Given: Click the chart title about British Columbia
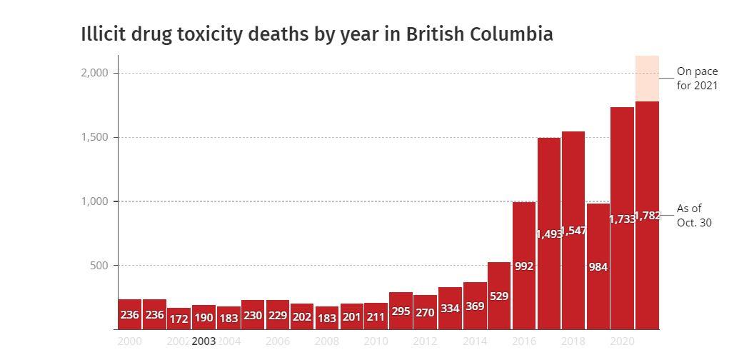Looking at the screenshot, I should [x=316, y=34].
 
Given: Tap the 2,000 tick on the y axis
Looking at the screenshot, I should [x=94, y=73].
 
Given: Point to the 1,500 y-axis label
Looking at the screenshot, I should [x=94, y=137].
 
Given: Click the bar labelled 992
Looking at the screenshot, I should [x=524, y=266].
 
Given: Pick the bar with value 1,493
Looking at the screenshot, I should [x=548, y=233].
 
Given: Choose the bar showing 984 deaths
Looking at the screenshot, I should [x=598, y=266].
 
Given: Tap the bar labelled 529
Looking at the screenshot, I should [x=499, y=296].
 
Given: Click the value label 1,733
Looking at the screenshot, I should [x=622, y=219].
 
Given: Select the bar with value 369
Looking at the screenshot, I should [x=474, y=306].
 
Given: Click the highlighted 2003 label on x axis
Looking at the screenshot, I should [x=203, y=341].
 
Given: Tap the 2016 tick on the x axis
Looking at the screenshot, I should [x=524, y=341].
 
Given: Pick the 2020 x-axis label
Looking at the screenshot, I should [x=623, y=341].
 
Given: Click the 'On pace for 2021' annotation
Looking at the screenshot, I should [x=697, y=79].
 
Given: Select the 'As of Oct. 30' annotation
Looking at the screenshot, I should [x=694, y=215].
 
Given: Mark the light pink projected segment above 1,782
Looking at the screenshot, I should [x=647, y=78].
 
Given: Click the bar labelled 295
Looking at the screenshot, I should [x=401, y=311].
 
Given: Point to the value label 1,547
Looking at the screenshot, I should [x=573, y=231].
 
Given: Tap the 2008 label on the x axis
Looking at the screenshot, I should [x=327, y=341].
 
